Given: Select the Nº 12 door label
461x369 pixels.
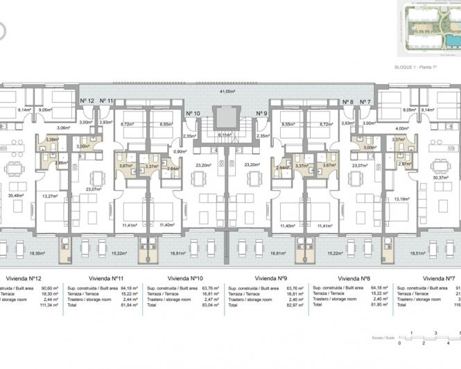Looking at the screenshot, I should (87, 101).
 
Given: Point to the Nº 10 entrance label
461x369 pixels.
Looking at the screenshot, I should (193, 113).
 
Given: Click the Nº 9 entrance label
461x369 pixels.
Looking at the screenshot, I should (261, 113).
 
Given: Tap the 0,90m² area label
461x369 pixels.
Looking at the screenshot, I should (179, 151).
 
